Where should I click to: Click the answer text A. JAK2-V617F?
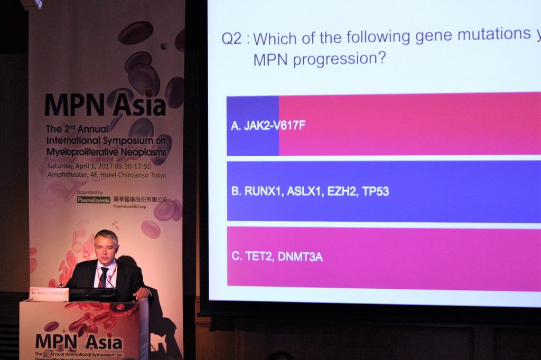tap(268, 126)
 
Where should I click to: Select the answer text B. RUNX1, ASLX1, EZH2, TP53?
tap(310, 192)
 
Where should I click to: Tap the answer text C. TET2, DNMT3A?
tap(277, 257)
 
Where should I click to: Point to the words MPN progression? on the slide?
tap(319, 58)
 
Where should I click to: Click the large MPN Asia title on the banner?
tap(105, 105)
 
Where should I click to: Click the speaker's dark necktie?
tap(104, 277)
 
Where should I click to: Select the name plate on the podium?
tap(49, 293)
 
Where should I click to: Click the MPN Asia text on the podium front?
tap(78, 342)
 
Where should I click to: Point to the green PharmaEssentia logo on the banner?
tap(94, 200)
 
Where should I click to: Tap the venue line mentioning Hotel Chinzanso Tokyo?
tap(106, 175)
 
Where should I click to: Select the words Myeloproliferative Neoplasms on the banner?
tap(106, 152)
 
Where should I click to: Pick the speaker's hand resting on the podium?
tap(141, 292)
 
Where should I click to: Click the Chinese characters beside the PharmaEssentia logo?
tap(139, 200)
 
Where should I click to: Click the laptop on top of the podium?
tap(93, 294)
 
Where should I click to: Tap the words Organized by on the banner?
tap(90, 192)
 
